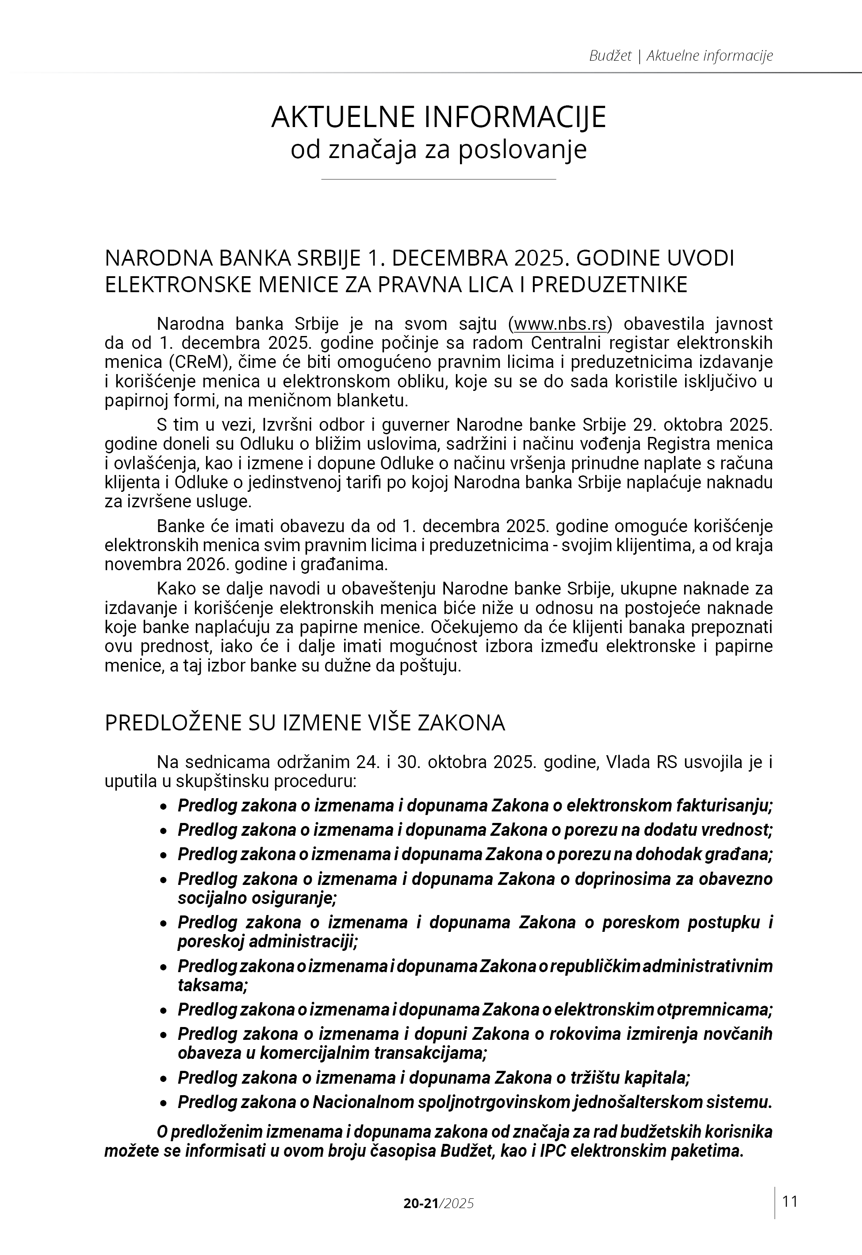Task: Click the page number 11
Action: point(789,1201)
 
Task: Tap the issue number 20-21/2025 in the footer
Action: point(439,1203)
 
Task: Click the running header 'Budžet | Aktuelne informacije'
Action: point(681,56)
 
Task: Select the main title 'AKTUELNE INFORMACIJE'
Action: point(439,117)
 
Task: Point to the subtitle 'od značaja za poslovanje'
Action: point(439,150)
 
